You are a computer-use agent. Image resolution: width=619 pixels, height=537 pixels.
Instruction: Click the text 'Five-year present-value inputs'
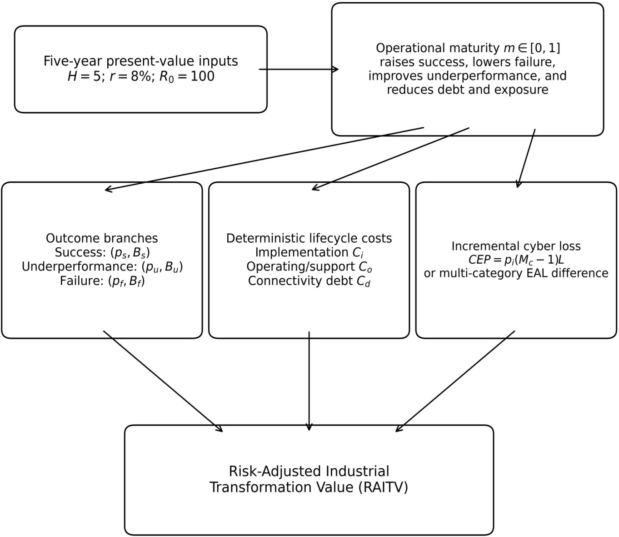[x=140, y=61]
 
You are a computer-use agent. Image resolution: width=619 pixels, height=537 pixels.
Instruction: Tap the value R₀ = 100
[x=187, y=76]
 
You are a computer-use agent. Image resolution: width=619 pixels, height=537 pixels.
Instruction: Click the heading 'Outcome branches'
[x=102, y=238]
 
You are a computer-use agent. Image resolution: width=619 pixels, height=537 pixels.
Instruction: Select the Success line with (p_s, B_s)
[x=102, y=253]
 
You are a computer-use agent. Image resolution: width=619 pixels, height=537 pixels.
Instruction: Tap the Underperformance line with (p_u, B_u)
[x=102, y=267]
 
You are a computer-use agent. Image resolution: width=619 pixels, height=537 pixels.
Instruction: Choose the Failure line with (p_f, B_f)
[x=102, y=281]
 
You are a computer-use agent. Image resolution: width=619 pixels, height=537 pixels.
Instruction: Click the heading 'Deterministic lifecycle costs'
[x=309, y=238]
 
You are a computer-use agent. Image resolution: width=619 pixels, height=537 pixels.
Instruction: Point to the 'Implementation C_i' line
[x=309, y=253]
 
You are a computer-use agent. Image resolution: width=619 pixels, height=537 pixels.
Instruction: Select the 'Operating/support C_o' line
[x=309, y=267]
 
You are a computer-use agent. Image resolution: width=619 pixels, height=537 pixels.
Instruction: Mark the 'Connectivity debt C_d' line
[x=309, y=281]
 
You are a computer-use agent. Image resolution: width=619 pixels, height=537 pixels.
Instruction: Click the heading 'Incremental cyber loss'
[x=516, y=246]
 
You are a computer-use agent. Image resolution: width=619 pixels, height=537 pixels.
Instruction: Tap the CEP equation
[x=516, y=260]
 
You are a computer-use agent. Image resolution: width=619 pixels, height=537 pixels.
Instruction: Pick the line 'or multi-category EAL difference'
[x=516, y=273]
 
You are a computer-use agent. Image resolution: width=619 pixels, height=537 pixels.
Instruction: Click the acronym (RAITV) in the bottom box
[x=383, y=488]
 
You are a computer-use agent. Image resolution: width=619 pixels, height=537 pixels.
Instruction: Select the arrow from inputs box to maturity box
[x=299, y=70]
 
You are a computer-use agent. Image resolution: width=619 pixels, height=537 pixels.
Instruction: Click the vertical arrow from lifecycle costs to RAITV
[x=309, y=381]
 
